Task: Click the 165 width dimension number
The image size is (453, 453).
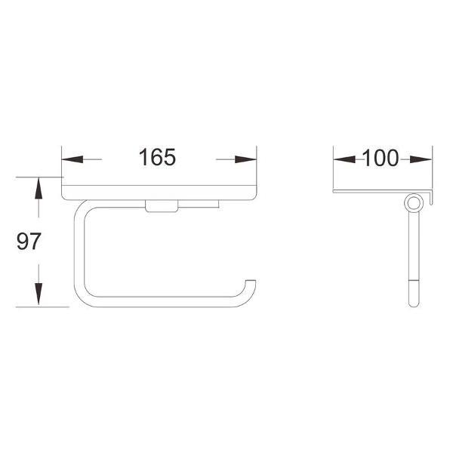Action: pos(157,158)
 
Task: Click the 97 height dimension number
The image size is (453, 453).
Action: pos(29,242)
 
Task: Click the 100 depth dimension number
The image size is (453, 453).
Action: pos(381,158)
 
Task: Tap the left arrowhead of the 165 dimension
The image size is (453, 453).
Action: pos(72,159)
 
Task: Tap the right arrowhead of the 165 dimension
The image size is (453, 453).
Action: pos(246,159)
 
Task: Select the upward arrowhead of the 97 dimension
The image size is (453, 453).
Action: pos(39,188)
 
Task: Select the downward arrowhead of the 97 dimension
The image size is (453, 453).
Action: pos(39,294)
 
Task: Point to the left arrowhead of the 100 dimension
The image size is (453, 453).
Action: pos(344,159)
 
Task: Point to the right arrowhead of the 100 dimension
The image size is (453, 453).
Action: pos(421,159)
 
